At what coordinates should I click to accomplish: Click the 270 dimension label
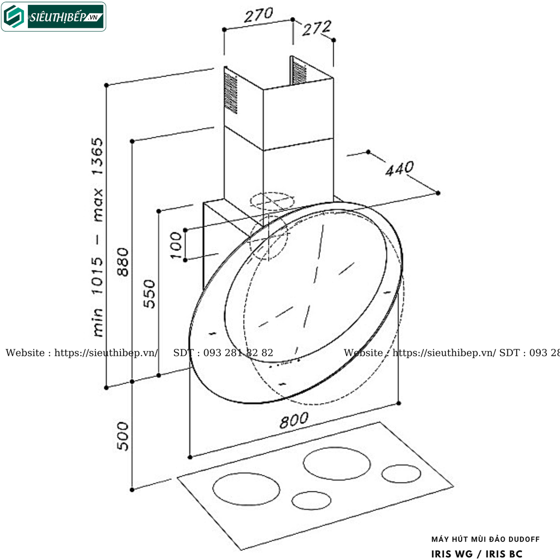(x=258, y=15)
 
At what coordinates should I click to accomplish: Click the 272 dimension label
(x=317, y=28)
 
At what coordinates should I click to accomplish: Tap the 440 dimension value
(x=399, y=169)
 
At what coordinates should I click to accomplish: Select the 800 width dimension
(x=294, y=421)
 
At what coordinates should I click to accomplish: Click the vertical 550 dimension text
(x=149, y=294)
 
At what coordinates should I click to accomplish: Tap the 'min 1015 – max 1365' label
(x=97, y=236)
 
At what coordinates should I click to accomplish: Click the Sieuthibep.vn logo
(x=54, y=16)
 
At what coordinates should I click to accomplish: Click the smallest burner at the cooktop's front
(x=311, y=500)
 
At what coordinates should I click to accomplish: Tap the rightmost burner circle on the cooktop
(x=401, y=474)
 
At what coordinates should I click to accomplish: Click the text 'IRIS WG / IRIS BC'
(x=476, y=553)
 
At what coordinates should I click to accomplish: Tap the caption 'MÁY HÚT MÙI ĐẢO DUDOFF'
(x=485, y=539)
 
